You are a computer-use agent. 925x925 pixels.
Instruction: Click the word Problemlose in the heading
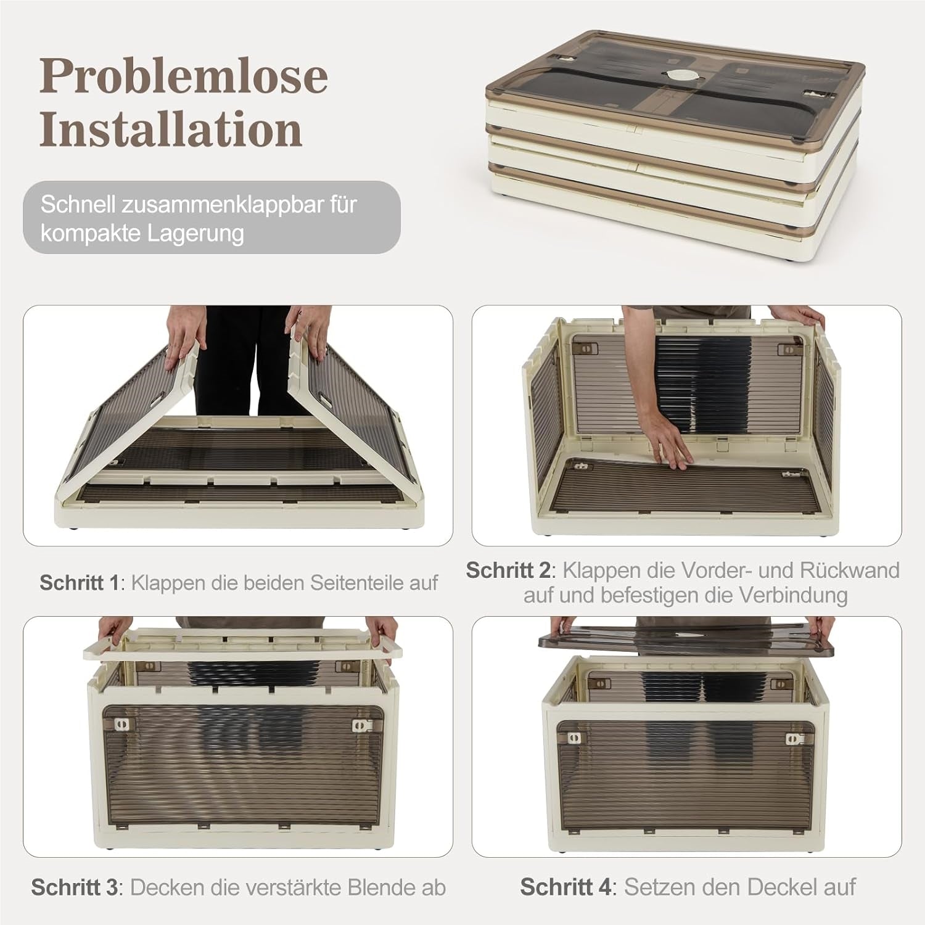click(x=183, y=76)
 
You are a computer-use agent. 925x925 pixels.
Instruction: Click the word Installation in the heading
click(x=171, y=129)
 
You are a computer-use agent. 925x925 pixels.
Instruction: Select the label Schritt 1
click(x=78, y=582)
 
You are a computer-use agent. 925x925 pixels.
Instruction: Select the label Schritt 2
click(x=508, y=570)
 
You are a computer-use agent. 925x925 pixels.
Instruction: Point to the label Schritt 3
click(x=74, y=887)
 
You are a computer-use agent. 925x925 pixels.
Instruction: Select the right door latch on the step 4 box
click(x=794, y=739)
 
